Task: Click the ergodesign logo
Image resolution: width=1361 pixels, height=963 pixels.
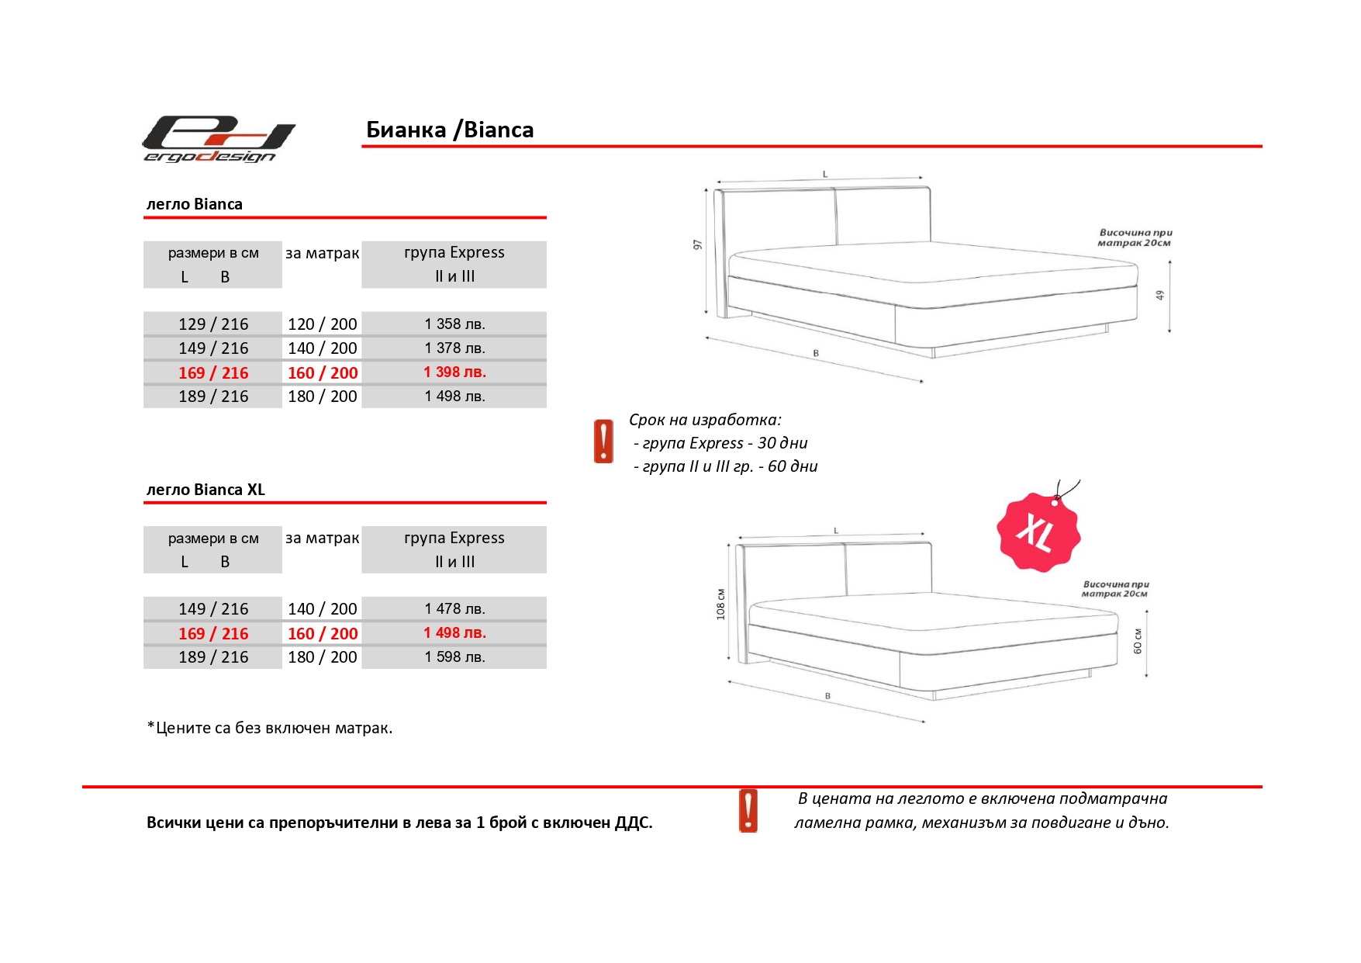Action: pyautogui.click(x=219, y=140)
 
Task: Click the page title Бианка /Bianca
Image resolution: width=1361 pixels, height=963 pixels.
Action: pyautogui.click(x=450, y=130)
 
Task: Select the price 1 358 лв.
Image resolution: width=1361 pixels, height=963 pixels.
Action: pyautogui.click(x=454, y=324)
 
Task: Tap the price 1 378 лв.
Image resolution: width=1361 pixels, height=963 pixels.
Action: pyautogui.click(x=454, y=348)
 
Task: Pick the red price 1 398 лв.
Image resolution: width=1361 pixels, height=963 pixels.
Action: pyautogui.click(x=454, y=372)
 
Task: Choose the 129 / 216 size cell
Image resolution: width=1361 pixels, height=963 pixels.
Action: pyautogui.click(x=213, y=324)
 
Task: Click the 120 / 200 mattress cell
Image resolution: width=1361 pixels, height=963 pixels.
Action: pyautogui.click(x=322, y=324)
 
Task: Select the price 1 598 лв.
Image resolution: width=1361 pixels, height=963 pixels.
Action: pyautogui.click(x=454, y=657)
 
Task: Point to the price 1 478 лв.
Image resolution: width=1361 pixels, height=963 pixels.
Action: pyautogui.click(x=454, y=609)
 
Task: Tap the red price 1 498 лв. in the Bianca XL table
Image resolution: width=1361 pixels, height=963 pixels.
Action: pyautogui.click(x=454, y=633)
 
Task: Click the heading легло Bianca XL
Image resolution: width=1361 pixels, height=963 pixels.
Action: pyautogui.click(x=206, y=490)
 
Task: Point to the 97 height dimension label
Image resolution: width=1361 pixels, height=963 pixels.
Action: pyautogui.click(x=697, y=244)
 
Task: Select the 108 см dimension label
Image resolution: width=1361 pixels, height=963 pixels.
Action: pyautogui.click(x=720, y=604)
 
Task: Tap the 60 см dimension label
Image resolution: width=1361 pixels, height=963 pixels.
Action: pyautogui.click(x=1138, y=641)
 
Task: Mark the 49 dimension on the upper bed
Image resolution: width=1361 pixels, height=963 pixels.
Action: pyautogui.click(x=1160, y=296)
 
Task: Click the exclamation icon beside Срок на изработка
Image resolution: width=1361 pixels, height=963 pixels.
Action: pyautogui.click(x=603, y=442)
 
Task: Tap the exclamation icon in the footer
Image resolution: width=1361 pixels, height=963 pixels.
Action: pyautogui.click(x=748, y=811)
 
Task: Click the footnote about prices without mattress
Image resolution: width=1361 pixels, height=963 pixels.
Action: pyautogui.click(x=270, y=728)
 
